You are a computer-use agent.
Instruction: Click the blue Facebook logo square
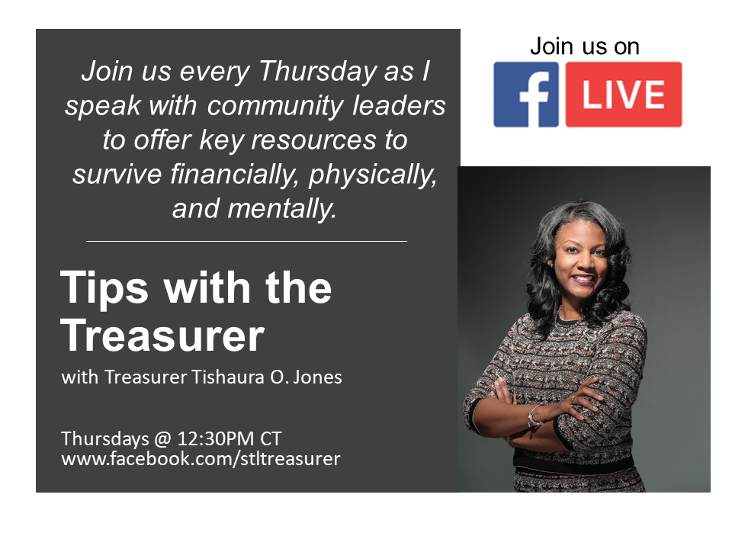point(526,95)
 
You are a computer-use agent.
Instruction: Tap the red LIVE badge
point(624,95)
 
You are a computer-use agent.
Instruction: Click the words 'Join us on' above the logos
point(585,47)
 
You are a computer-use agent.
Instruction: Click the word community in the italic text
point(275,107)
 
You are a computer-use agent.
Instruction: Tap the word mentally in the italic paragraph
point(282,209)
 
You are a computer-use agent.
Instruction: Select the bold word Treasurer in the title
point(162,335)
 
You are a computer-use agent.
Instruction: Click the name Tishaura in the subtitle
point(228,377)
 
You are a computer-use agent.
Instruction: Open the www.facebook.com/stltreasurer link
point(201,459)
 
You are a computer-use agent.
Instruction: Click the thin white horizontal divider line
point(246,242)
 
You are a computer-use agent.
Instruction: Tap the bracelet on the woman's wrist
point(533,417)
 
